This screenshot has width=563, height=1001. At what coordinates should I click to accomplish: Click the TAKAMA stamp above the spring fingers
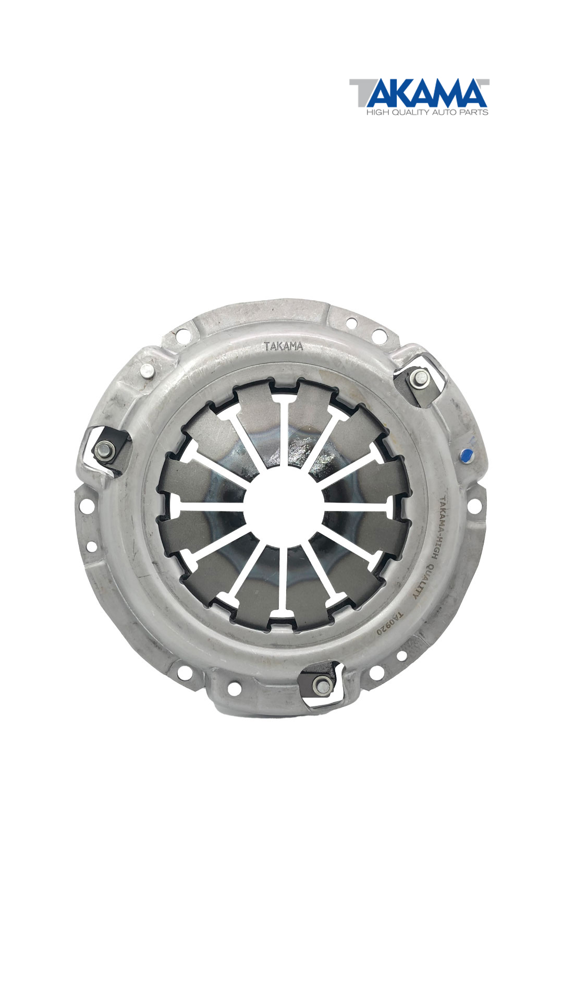click(x=283, y=346)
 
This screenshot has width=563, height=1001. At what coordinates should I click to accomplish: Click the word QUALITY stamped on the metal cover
click(x=424, y=580)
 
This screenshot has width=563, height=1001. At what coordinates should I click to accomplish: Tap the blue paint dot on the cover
click(x=467, y=455)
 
